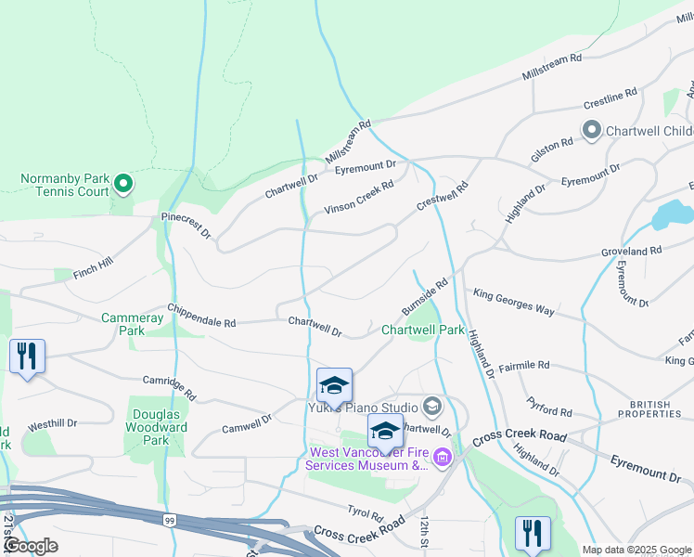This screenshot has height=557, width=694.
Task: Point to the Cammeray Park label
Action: click(132, 324)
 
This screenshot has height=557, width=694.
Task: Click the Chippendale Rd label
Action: click(201, 316)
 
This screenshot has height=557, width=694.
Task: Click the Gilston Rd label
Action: click(552, 147)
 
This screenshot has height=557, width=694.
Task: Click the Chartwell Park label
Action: click(423, 330)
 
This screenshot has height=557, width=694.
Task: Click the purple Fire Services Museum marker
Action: click(442, 456)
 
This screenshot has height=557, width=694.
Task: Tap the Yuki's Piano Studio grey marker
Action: click(431, 406)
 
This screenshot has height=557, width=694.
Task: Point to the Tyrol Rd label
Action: click(365, 513)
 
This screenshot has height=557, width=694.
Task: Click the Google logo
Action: click(31, 545)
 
